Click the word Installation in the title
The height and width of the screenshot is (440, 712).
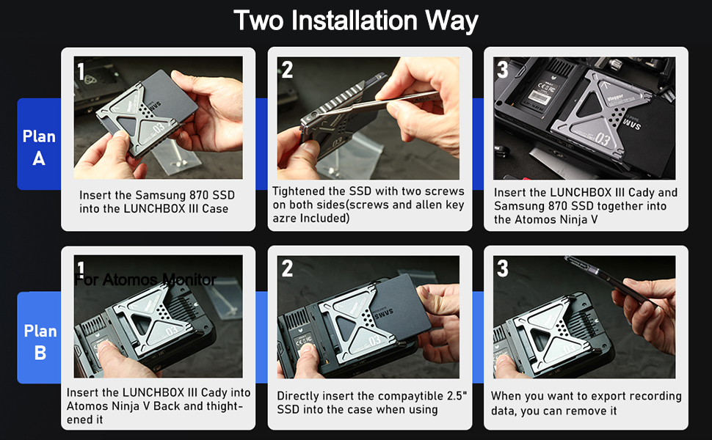tap(355, 21)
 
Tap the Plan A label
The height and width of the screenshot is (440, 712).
tap(39, 147)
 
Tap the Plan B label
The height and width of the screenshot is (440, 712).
tap(40, 342)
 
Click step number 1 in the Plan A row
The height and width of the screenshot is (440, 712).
tap(81, 71)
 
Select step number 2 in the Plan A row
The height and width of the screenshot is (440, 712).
tap(287, 70)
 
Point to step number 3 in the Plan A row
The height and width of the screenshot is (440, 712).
tap(502, 70)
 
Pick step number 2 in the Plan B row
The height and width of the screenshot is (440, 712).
tap(287, 268)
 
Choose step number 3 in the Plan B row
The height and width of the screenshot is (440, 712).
tap(502, 268)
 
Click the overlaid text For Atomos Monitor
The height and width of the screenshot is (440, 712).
tap(145, 279)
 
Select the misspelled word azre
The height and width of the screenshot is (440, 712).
tap(284, 219)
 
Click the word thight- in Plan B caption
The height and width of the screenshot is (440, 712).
tap(225, 406)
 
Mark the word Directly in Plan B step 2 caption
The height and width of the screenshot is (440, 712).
tap(297, 396)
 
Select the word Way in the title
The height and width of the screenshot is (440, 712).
tap(451, 21)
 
